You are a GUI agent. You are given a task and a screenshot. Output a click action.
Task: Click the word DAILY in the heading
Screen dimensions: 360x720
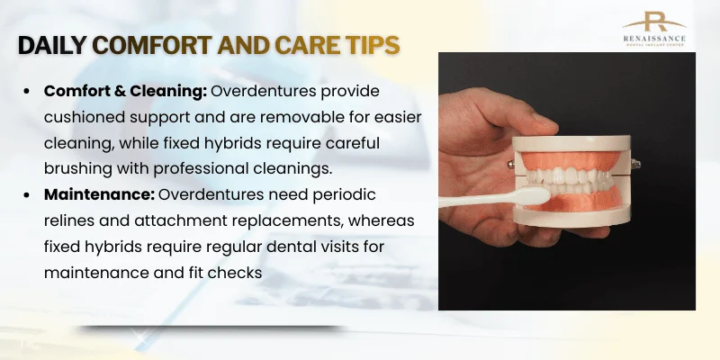tap(55, 45)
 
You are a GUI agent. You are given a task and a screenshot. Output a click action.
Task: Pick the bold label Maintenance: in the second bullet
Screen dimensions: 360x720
tap(98, 193)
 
